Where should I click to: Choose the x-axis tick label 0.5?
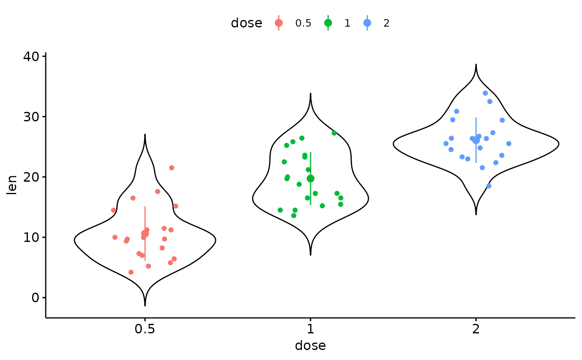tap(145, 329)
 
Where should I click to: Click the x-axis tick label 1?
tap(310, 329)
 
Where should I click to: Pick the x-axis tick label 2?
tap(476, 329)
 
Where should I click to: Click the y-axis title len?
tap(12, 185)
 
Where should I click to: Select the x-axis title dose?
tap(310, 346)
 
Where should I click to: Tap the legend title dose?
tap(247, 23)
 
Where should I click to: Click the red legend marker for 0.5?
tap(279, 23)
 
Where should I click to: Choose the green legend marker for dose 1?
tap(328, 23)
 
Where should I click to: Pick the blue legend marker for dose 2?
tap(367, 23)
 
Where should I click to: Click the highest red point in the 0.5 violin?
tap(172, 168)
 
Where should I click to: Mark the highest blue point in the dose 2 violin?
tap(485, 93)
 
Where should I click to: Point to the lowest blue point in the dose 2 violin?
tap(489, 186)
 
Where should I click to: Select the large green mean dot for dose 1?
tap(311, 178)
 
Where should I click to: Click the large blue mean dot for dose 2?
tap(476, 141)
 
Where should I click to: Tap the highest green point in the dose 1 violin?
tap(334, 133)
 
